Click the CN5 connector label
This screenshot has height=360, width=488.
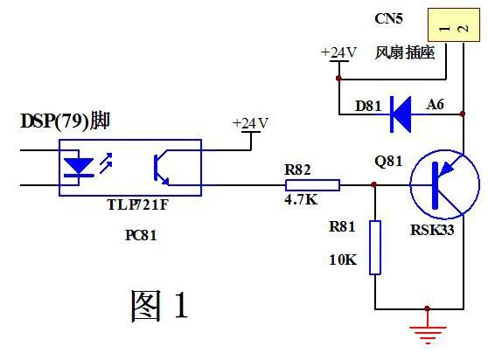(389, 17)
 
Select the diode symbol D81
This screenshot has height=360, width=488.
(401, 113)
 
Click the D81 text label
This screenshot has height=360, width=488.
(368, 106)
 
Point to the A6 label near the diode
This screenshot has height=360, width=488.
(435, 105)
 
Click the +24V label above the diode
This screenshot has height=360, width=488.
(338, 52)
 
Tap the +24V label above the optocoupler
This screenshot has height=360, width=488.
(250, 123)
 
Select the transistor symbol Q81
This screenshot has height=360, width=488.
(444, 185)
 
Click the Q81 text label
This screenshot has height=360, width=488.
(388, 162)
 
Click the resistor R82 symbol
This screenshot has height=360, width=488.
(312, 185)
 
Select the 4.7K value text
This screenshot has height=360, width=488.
(302, 200)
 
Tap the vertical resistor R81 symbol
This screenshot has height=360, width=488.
(374, 247)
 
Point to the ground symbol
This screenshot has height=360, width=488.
(427, 330)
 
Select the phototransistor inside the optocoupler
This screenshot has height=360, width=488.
(164, 168)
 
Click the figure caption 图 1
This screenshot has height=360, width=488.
(159, 304)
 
